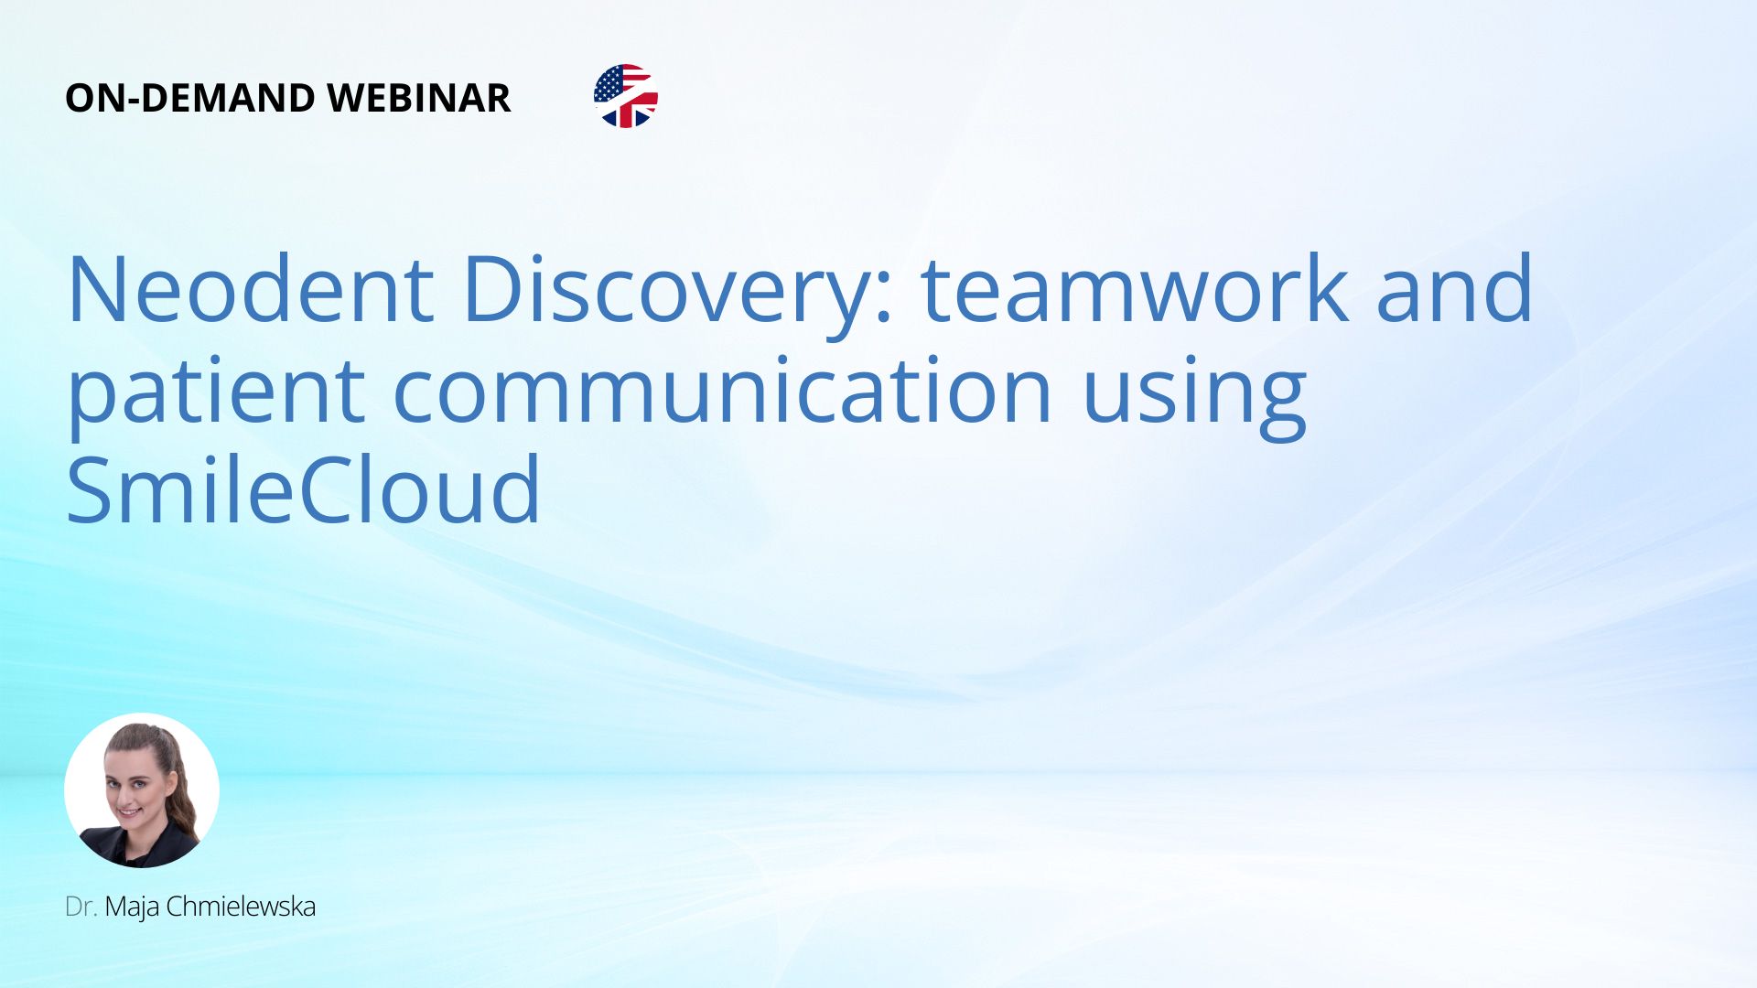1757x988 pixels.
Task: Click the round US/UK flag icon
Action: click(626, 96)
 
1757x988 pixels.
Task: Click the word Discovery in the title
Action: click(667, 293)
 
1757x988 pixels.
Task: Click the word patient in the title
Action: click(216, 393)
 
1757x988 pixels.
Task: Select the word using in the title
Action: click(1194, 395)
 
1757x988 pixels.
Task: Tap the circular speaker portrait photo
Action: click(142, 790)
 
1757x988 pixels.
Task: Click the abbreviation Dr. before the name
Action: click(81, 907)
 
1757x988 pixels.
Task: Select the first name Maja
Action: click(132, 907)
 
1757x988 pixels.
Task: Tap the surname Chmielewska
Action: click(241, 907)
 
